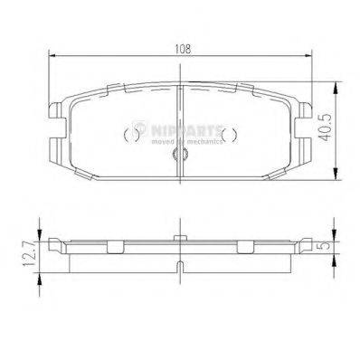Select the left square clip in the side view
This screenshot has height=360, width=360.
pyautogui.click(x=115, y=247)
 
